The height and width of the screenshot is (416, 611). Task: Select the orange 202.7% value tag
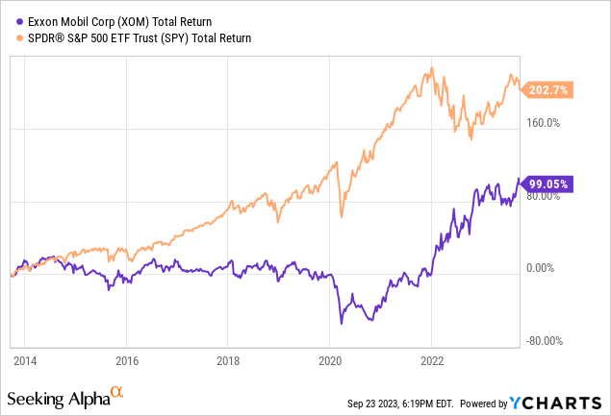coord(548,89)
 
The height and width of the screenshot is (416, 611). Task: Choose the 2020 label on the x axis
coord(329,364)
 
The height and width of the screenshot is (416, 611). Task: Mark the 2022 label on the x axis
coord(431,364)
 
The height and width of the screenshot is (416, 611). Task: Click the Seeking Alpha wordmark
coord(58,398)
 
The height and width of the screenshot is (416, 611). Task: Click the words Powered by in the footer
coord(492,403)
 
